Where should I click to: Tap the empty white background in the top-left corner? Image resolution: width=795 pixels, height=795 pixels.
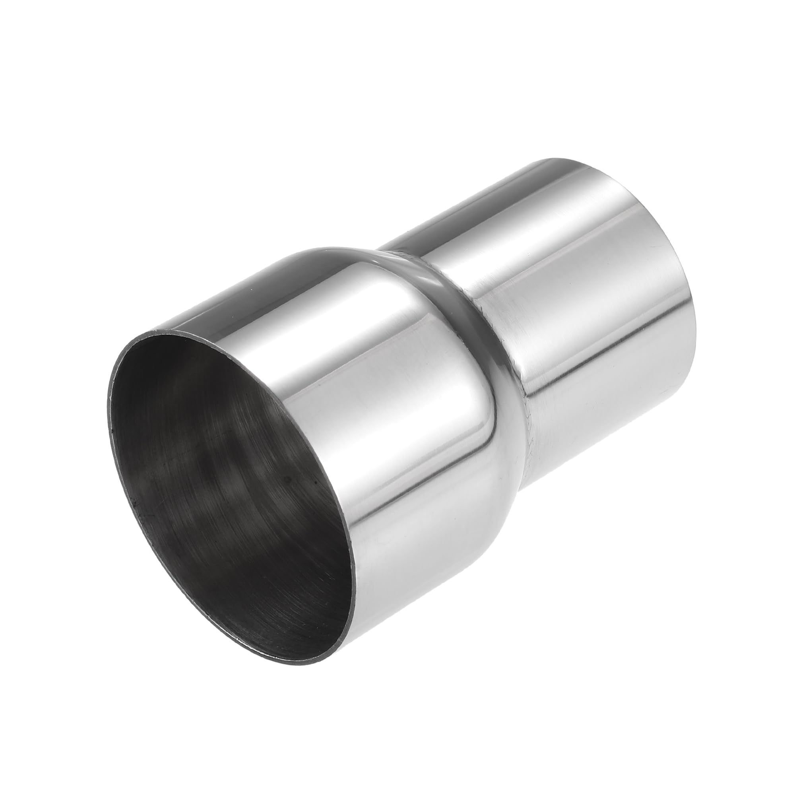(62, 62)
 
